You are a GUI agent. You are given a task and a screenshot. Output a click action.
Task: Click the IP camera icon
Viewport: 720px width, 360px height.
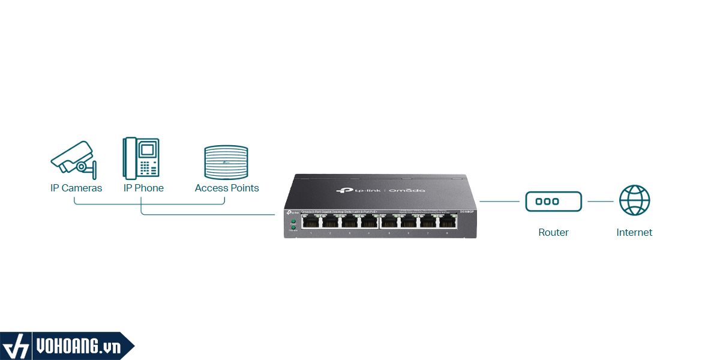[73, 159]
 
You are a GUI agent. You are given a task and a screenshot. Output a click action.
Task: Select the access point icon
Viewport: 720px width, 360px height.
[226, 162]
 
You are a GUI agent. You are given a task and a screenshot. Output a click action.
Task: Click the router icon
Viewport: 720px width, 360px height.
[553, 202]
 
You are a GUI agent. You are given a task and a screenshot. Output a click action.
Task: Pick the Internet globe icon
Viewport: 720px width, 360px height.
[634, 200]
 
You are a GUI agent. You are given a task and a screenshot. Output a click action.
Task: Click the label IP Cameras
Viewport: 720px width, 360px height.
[76, 188]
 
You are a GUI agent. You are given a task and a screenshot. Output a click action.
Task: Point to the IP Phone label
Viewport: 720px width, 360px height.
[143, 188]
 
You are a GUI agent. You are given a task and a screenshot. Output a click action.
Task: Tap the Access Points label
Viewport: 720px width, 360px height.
[227, 188]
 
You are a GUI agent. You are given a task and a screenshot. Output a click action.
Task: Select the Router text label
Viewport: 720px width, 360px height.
[553, 232]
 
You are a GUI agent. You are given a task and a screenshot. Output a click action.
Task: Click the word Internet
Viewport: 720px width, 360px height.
[634, 232]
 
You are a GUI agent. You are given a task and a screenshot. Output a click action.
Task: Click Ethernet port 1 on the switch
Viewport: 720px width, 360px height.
[311, 223]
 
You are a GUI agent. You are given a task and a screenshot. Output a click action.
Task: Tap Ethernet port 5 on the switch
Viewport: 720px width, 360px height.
[389, 223]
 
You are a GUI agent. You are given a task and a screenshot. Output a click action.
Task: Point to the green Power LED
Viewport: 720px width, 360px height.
[293, 221]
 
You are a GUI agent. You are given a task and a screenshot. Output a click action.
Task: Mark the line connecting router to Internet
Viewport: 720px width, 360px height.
[600, 202]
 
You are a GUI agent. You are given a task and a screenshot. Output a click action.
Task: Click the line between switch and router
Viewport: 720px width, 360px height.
[499, 202]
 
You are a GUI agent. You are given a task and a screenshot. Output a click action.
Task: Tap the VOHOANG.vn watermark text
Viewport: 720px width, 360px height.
[78, 347]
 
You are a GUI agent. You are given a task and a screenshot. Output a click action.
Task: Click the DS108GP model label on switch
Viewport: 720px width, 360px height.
[467, 212]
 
